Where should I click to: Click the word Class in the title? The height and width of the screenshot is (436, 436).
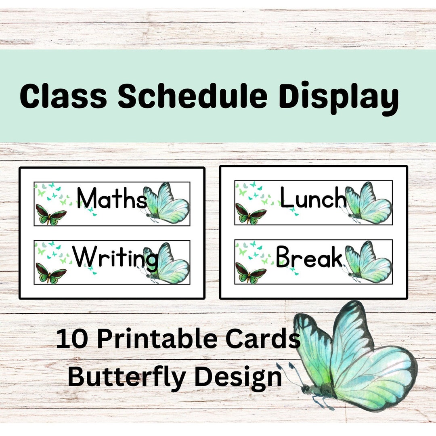(63, 97)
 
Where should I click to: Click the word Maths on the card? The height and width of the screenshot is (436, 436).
(111, 199)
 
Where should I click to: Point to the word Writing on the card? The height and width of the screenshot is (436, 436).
(115, 258)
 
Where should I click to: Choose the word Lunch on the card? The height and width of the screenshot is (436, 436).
(313, 198)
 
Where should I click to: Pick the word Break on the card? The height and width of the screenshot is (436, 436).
(309, 258)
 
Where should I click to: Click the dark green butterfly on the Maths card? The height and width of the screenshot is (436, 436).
(51, 214)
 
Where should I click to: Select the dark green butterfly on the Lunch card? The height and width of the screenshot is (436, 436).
(251, 214)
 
